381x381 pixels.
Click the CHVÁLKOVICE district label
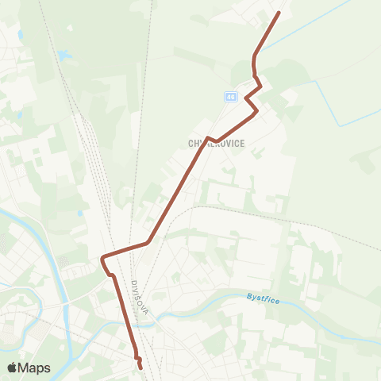tap(216, 144)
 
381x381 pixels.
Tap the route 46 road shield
tap(230, 97)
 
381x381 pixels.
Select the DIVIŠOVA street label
tap(140, 297)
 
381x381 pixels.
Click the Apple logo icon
tap(13, 368)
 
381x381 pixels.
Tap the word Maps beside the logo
tap(34, 368)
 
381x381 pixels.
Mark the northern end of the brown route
tap(279, 13)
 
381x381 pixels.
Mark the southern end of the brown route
tap(141, 368)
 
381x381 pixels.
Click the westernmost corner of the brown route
tap(102, 257)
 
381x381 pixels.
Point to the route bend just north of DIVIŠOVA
tap(148, 241)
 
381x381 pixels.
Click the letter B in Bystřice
tap(249, 298)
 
